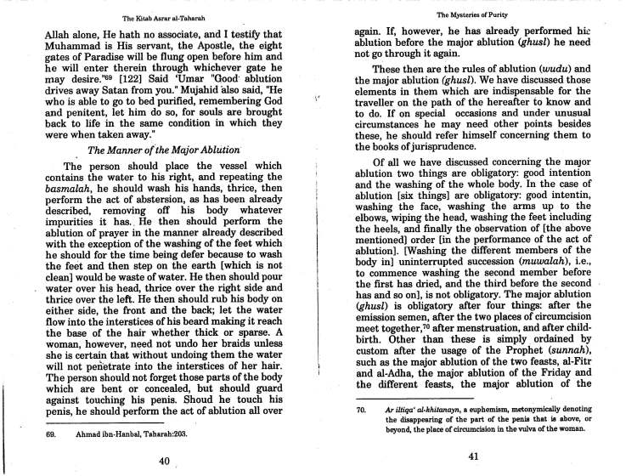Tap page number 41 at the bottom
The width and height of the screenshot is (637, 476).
click(x=475, y=456)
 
